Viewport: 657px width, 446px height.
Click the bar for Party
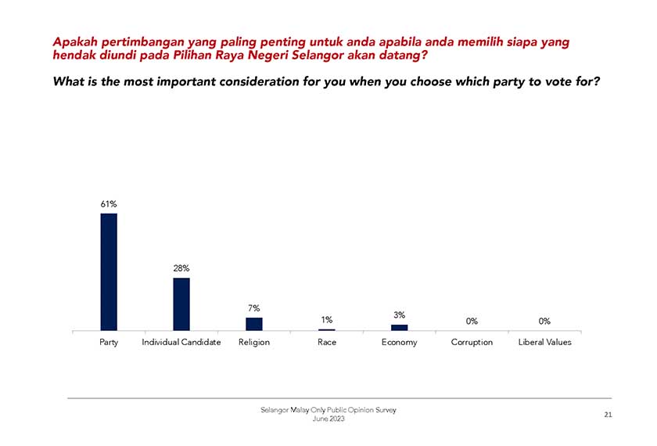109,272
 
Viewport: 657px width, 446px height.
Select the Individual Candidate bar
181,304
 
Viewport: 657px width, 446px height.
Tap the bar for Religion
254,324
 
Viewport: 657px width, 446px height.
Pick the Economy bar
400,327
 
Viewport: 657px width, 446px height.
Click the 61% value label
109,204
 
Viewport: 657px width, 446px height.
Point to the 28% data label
181,268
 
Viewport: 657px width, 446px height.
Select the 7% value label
254,308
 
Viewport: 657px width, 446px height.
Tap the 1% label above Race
327,319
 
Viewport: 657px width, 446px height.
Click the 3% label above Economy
400,315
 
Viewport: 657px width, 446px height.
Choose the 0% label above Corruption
472,321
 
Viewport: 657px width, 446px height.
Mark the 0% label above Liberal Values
544,321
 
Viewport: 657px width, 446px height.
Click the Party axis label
109,343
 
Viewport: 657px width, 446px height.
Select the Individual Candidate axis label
181,343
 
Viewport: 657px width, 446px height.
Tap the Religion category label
254,343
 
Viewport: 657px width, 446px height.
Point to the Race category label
327,343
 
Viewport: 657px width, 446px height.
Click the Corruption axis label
472,343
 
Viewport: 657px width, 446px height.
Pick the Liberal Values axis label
544,343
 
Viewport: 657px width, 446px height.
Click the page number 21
608,415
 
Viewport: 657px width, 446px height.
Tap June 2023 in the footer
328,419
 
